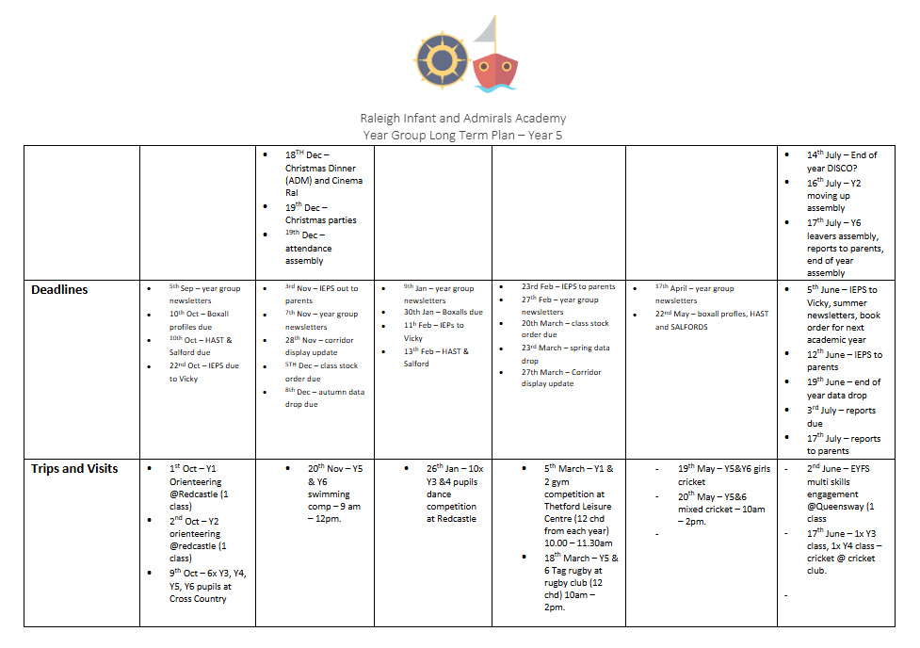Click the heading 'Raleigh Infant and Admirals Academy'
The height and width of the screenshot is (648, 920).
pyautogui.click(x=463, y=119)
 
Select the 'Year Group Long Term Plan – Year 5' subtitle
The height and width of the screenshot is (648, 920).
pyautogui.click(x=463, y=135)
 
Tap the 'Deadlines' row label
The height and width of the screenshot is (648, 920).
pyautogui.click(x=59, y=289)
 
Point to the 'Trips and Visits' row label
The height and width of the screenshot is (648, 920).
pyautogui.click(x=74, y=468)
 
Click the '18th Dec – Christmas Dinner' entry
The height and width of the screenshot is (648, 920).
pyautogui.click(x=323, y=173)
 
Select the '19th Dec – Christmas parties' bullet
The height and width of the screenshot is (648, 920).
pyautogui.click(x=321, y=213)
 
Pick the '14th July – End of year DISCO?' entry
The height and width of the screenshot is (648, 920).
pyautogui.click(x=842, y=161)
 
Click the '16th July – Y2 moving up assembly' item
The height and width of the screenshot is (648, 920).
pyautogui.click(x=834, y=196)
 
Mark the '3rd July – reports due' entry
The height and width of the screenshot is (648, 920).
pyautogui.click(x=841, y=416)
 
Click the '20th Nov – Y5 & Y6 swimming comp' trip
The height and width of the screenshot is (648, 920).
pyautogui.click(x=328, y=487)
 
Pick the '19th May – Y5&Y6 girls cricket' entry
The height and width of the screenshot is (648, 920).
pyautogui.click(x=723, y=475)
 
